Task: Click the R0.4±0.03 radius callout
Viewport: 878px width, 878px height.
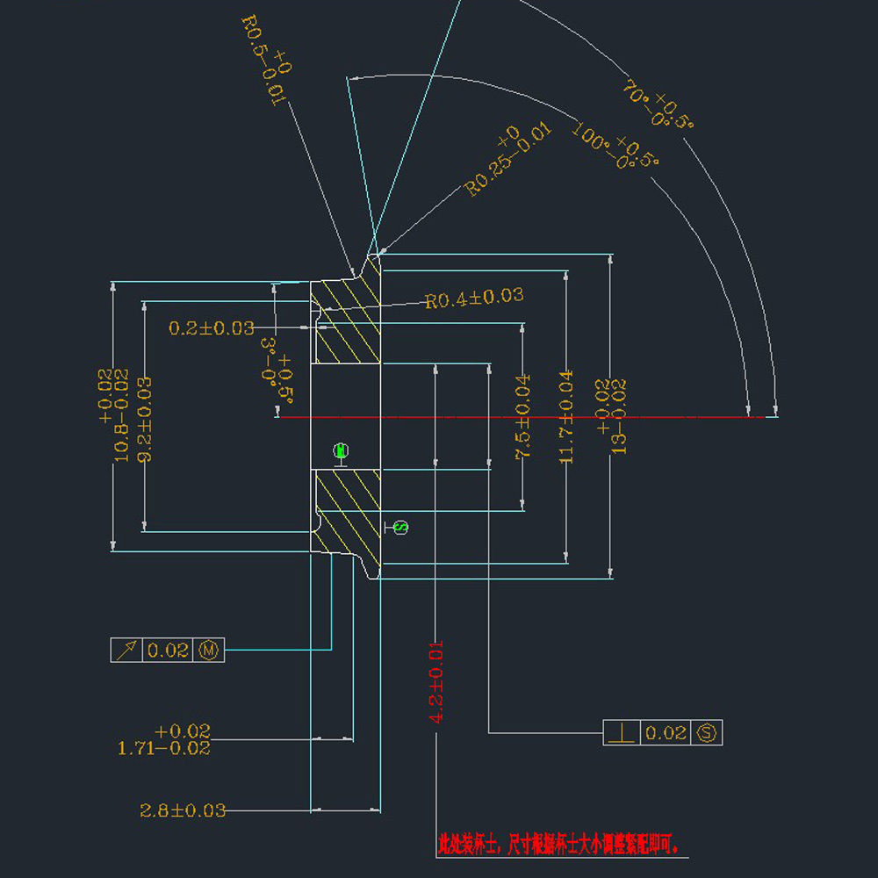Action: coord(474,298)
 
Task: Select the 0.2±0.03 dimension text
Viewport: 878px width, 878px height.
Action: coord(212,328)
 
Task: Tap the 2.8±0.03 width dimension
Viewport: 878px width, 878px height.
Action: coord(183,810)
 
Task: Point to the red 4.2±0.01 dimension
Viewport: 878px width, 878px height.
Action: coord(436,682)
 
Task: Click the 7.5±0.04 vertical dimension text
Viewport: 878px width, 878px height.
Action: coord(522,416)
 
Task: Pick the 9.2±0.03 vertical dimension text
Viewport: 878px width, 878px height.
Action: coord(142,419)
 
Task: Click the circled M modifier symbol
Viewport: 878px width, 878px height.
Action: coord(210,651)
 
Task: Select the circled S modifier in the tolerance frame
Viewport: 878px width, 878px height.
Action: coord(707,732)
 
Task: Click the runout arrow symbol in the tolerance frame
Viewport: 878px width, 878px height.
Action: coord(126,651)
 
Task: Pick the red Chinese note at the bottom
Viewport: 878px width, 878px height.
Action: coord(563,845)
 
